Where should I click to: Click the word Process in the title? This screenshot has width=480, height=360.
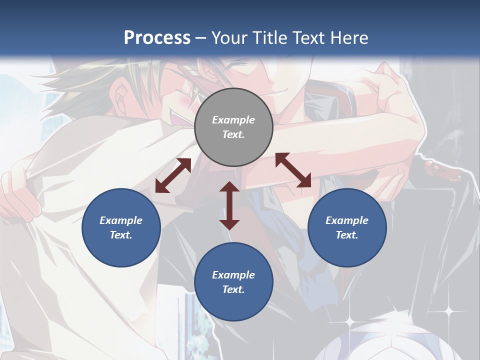click(x=157, y=37)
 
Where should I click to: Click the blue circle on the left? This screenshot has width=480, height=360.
click(x=121, y=227)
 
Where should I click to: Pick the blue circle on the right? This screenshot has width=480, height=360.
click(x=347, y=227)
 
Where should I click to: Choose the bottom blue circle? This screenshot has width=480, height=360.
click(x=233, y=281)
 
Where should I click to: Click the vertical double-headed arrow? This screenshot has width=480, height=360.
click(x=229, y=205)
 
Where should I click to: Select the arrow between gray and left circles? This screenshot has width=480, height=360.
click(x=173, y=175)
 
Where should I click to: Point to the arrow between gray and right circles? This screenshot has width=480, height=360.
click(x=293, y=170)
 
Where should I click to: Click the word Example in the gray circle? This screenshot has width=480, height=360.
click(x=233, y=120)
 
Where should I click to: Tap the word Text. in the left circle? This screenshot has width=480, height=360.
click(x=121, y=235)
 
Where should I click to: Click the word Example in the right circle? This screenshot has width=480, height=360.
click(x=347, y=220)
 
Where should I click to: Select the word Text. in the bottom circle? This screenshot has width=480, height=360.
click(x=233, y=289)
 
